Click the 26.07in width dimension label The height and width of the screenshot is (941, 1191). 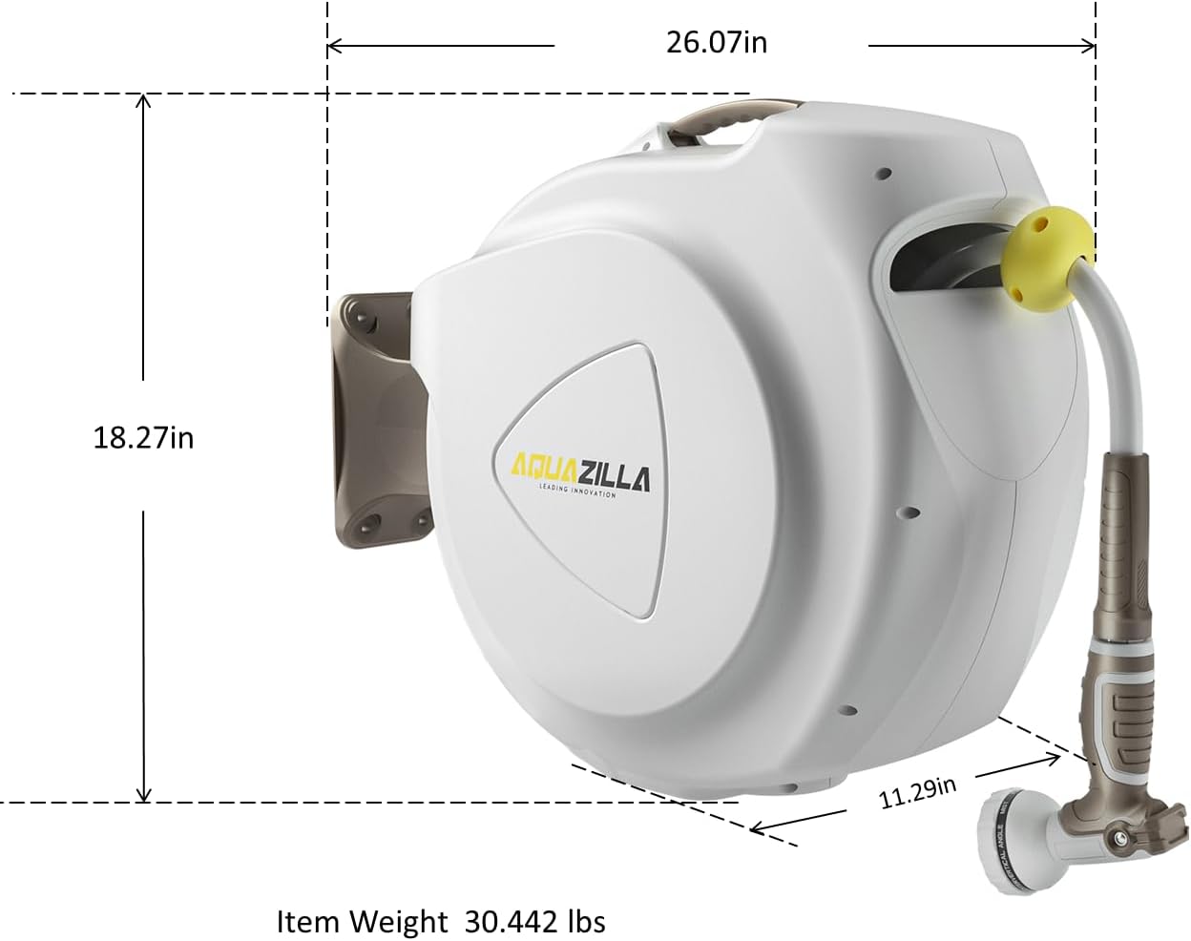(716, 43)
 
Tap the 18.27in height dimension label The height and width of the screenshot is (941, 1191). (143, 437)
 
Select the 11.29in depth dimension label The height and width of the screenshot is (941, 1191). (917, 792)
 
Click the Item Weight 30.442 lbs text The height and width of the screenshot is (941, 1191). (440, 922)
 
